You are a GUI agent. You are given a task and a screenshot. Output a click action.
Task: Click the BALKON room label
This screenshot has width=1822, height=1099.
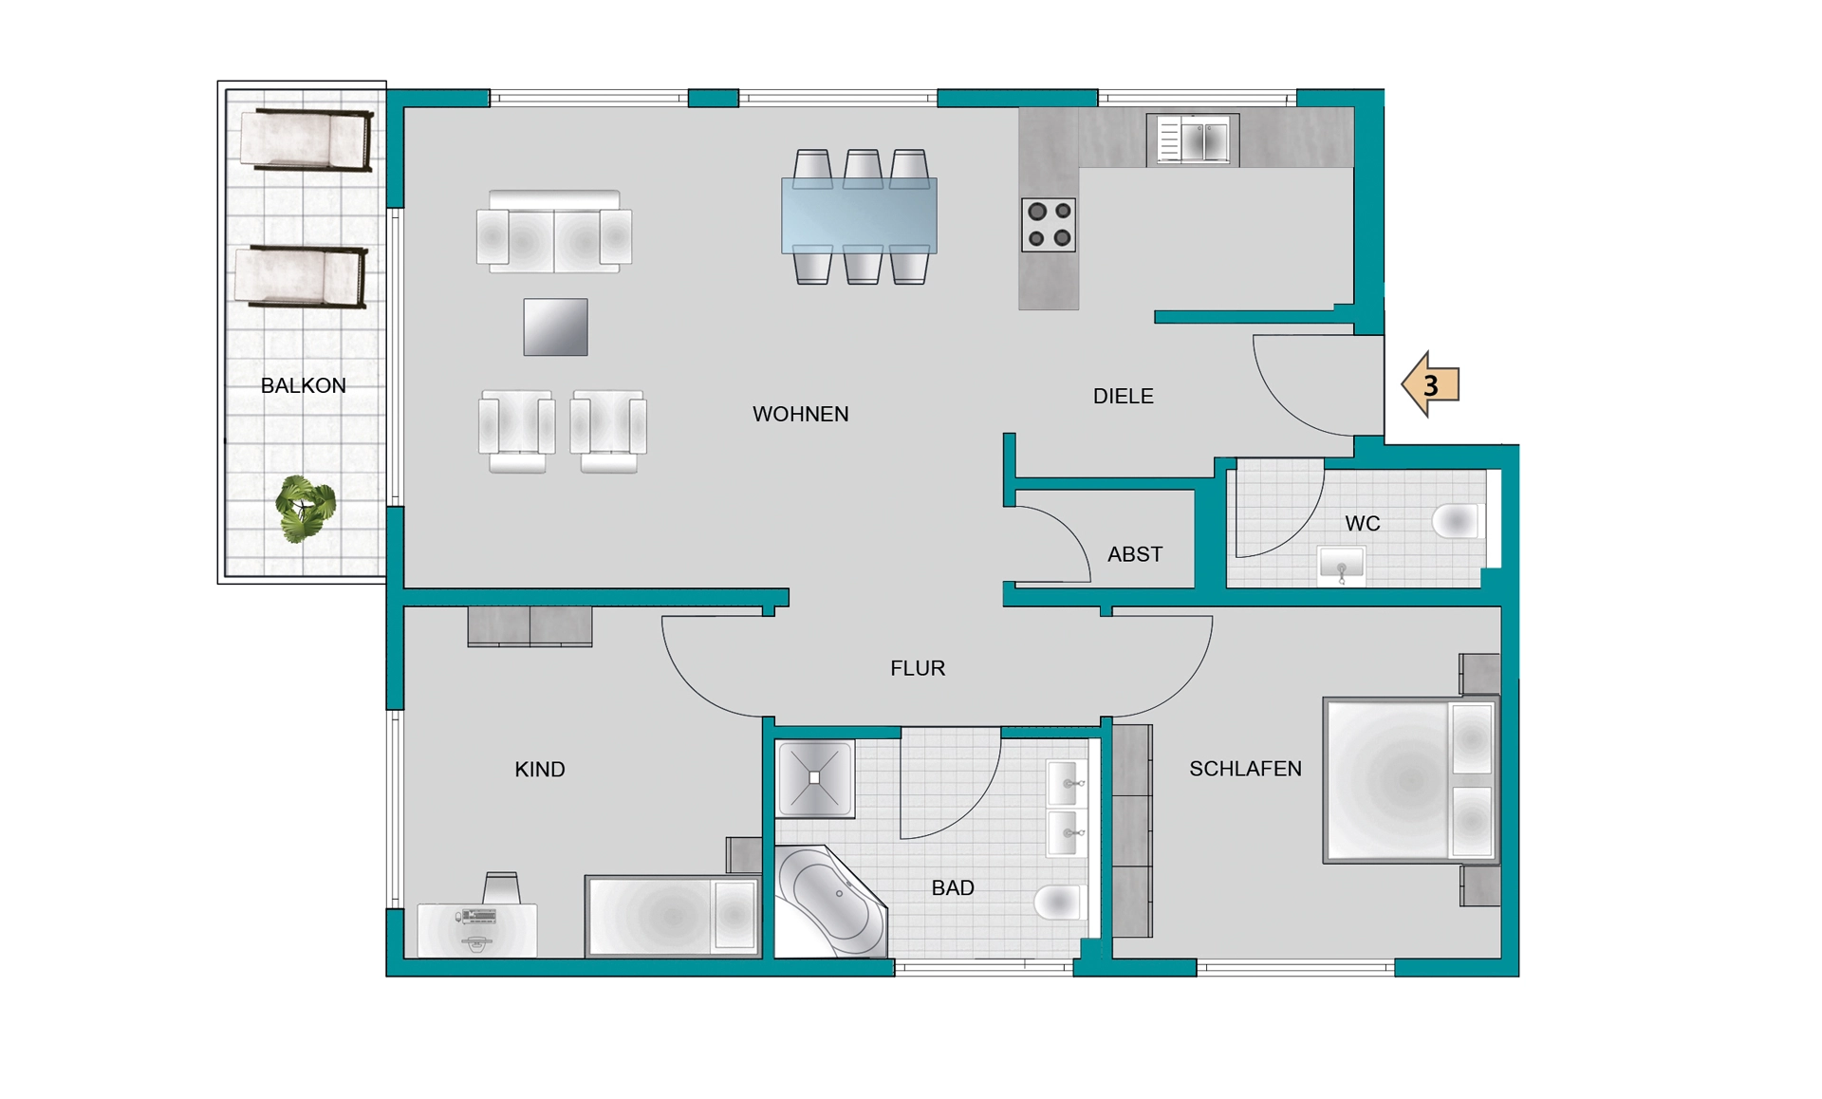(303, 385)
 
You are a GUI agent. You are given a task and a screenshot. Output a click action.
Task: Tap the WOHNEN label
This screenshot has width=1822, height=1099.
(800, 414)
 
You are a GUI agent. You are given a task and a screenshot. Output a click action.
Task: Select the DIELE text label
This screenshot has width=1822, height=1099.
(1123, 397)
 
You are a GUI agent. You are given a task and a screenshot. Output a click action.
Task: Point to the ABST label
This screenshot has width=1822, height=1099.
(1135, 554)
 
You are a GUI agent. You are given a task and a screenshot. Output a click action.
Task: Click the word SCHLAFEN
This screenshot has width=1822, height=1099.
(1245, 769)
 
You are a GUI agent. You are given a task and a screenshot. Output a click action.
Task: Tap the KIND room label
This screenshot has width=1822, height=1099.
(539, 770)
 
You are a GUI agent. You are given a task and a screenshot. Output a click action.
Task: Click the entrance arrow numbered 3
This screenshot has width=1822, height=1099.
(1430, 384)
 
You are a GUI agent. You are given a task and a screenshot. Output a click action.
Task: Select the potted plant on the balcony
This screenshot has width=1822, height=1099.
(305, 509)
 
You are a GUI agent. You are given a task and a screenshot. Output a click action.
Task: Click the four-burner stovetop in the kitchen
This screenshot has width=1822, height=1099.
(1049, 225)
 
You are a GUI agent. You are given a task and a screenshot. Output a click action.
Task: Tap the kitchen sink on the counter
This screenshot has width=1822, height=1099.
(1193, 140)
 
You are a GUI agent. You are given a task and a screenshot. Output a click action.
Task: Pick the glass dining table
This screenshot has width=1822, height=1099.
(859, 215)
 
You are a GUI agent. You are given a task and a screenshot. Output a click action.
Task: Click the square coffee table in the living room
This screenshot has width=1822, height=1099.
(555, 327)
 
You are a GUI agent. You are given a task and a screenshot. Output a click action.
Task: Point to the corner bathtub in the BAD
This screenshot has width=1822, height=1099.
(831, 901)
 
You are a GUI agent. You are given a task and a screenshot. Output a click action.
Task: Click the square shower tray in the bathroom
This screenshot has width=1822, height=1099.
(815, 778)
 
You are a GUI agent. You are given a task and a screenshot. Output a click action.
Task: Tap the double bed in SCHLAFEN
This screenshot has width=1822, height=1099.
(1411, 780)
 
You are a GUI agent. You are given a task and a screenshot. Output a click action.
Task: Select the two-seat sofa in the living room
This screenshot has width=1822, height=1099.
(554, 232)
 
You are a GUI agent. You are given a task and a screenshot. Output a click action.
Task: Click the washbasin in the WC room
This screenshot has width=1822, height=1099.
(1341, 566)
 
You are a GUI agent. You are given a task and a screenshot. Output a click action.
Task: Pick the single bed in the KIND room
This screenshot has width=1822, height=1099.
(673, 916)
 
